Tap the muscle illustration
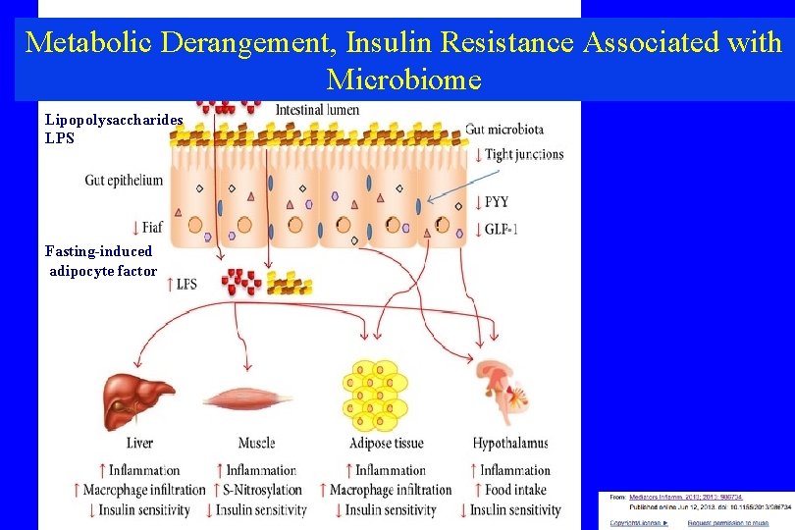coord(247,399)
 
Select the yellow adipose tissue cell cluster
coord(373,396)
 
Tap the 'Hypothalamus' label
coord(510,444)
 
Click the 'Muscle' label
coord(256,444)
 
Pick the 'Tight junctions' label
coord(524,154)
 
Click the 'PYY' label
coord(497,203)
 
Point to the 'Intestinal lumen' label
coord(317,110)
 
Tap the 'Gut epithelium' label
coord(124,180)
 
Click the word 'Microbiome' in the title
coord(403,79)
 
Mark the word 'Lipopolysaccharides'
coord(114,119)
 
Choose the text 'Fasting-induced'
coord(98,251)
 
